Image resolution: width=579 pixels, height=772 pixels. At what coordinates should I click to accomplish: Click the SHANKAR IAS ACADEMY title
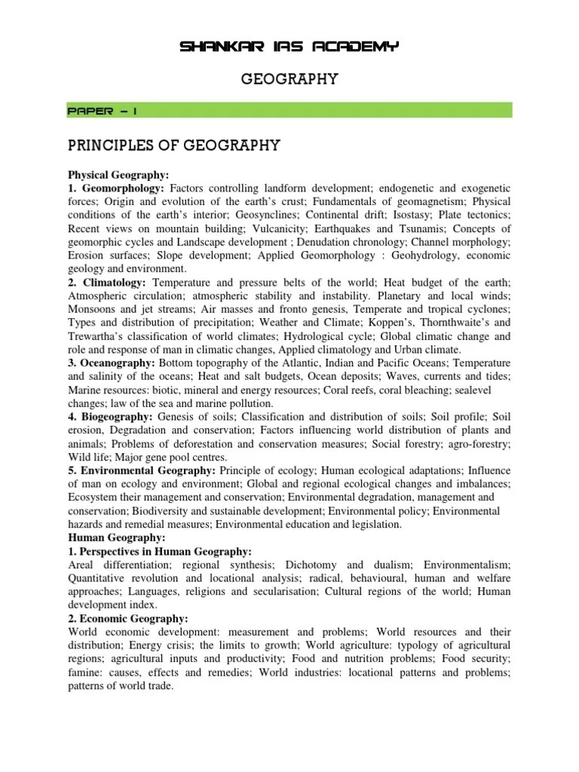(289, 47)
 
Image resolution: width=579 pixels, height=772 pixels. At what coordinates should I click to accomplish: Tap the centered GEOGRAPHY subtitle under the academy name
(289, 78)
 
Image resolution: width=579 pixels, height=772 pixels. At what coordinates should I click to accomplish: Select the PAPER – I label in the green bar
(103, 110)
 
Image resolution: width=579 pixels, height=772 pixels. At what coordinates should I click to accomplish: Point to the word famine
(84, 673)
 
